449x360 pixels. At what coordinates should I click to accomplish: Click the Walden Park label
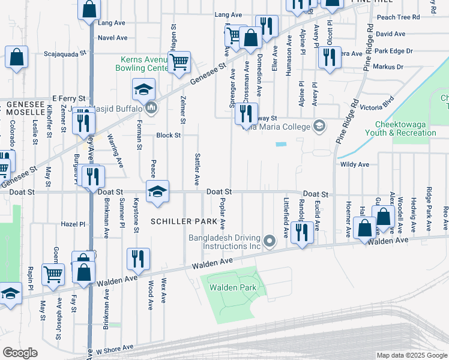coord(233,288)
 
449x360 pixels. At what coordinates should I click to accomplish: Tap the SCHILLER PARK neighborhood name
coord(184,221)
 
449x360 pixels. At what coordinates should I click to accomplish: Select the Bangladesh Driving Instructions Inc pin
coord(270,242)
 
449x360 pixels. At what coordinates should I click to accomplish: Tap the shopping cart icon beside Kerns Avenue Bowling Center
coord(179,61)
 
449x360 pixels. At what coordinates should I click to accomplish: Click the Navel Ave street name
coord(113,38)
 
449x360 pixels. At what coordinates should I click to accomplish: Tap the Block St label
coord(168,136)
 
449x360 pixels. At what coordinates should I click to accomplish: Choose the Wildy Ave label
coord(354,164)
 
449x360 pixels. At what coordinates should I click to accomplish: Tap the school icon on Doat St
coord(157,191)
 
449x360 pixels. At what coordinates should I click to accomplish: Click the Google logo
coord(20,353)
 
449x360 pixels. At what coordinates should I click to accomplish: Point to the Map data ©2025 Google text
coord(411,355)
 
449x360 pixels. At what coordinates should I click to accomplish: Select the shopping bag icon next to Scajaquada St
coord(17,57)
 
